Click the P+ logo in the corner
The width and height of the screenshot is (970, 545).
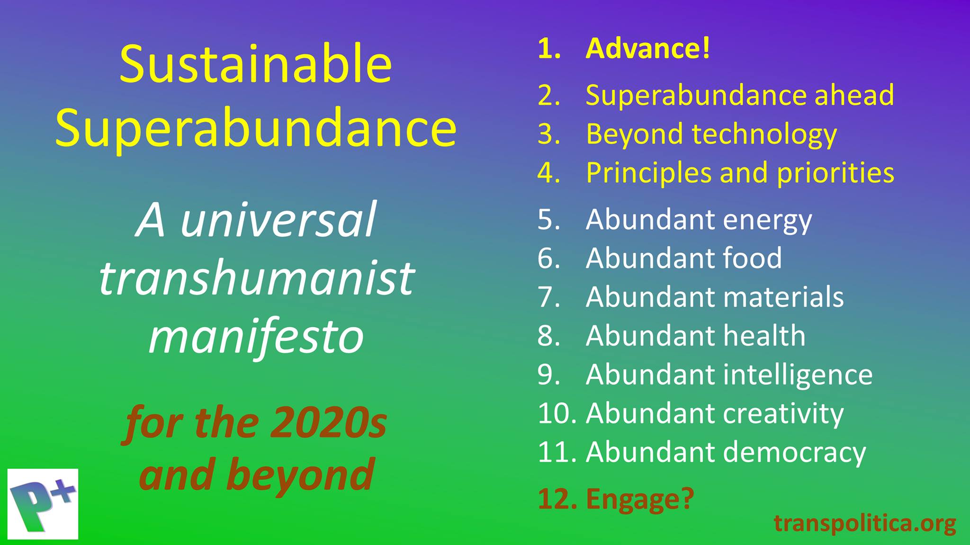[x=43, y=504]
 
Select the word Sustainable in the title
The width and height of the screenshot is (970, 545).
[x=256, y=64]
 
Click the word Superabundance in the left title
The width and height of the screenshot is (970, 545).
[x=256, y=129]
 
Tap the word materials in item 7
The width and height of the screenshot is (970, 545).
[x=783, y=297]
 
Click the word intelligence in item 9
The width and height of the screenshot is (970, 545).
[x=798, y=375]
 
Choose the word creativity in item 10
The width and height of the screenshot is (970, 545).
[x=783, y=414]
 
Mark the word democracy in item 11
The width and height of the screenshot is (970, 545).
[x=794, y=453]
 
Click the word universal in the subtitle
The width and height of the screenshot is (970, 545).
[x=278, y=220]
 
